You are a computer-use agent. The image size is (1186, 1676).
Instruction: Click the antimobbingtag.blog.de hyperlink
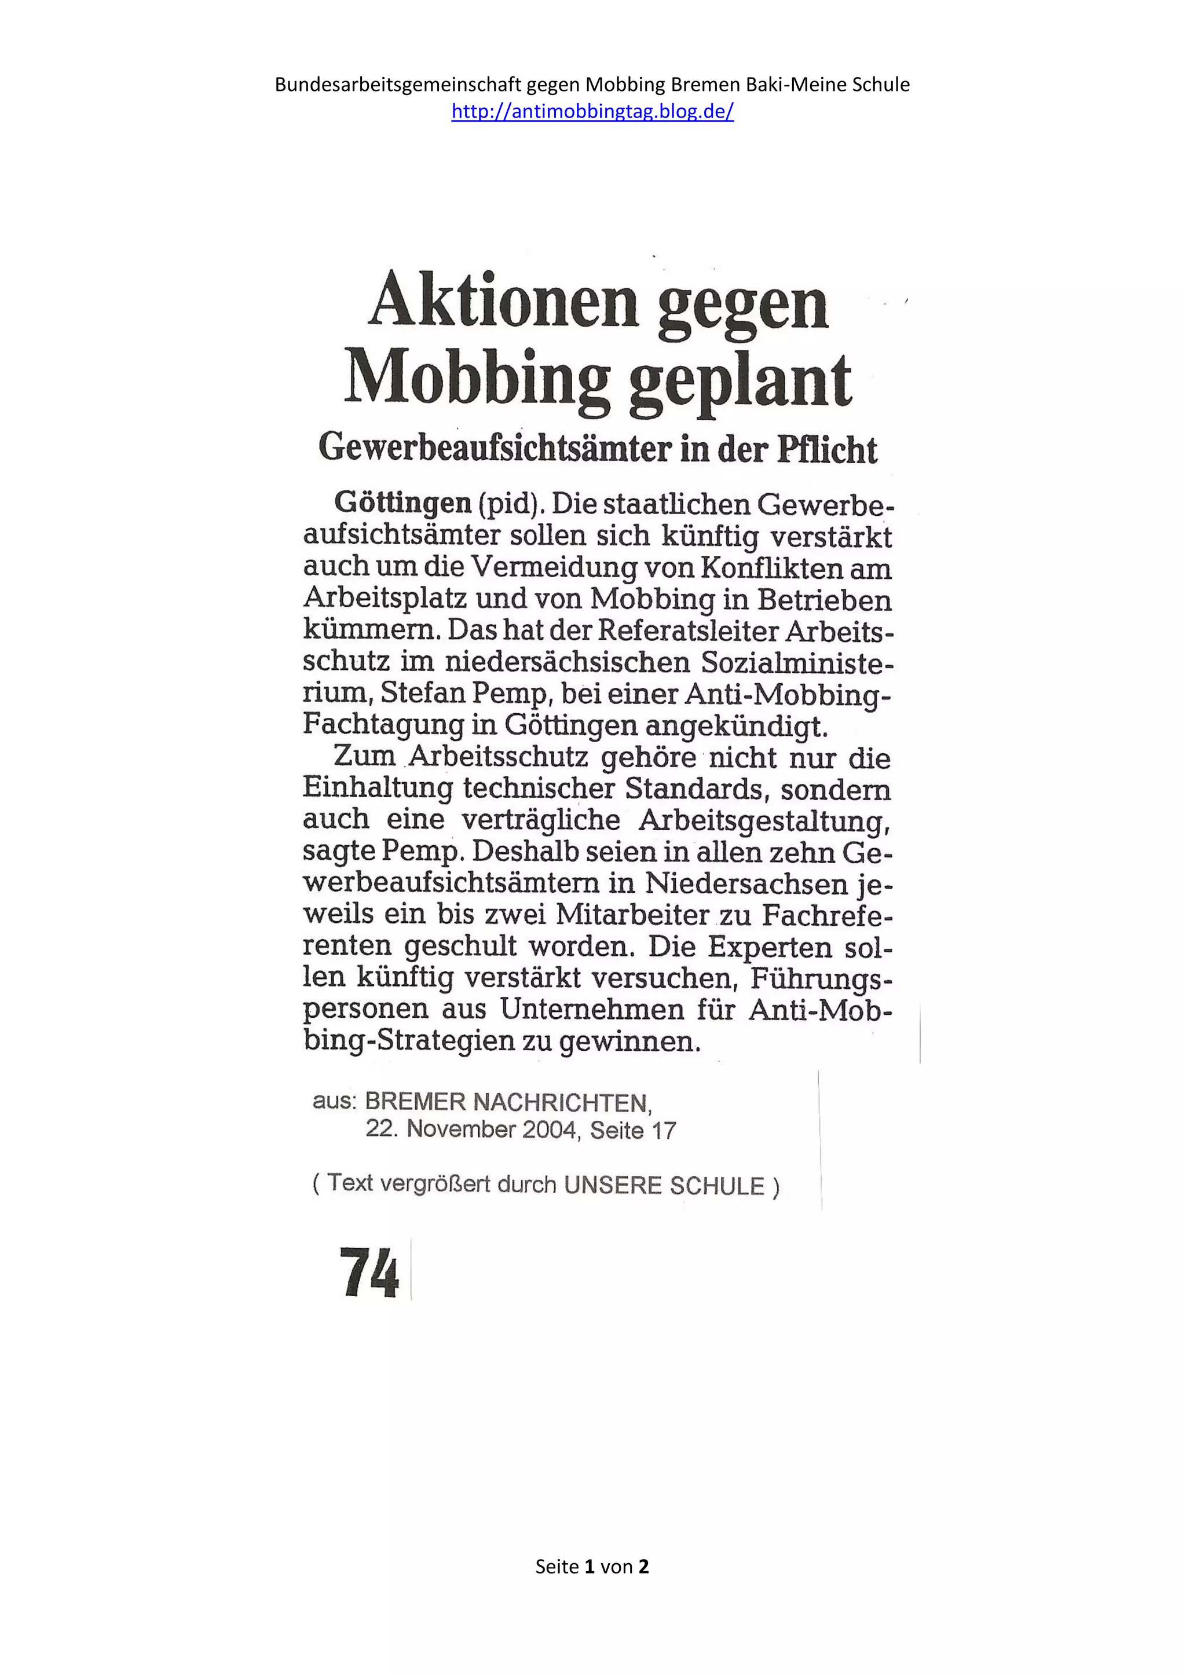592,111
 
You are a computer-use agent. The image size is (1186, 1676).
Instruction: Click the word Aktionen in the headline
503,300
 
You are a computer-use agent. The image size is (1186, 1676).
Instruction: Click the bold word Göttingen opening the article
402,503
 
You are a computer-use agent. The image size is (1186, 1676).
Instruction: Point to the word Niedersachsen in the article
746,883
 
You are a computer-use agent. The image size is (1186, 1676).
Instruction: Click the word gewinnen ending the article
629,1041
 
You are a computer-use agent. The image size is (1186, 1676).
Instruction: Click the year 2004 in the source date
551,1130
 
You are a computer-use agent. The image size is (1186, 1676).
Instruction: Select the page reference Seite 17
633,1131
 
